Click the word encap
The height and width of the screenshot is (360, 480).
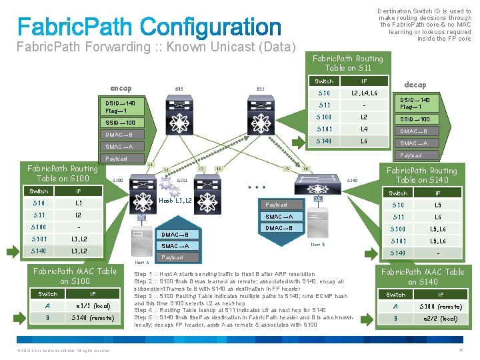[x=121, y=88]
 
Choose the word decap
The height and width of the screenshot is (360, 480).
[x=415, y=85]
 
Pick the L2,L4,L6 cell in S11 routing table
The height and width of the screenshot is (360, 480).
[x=365, y=93]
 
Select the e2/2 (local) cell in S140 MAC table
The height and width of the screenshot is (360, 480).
[x=440, y=318]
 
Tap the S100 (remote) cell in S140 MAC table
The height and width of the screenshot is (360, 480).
[x=440, y=306]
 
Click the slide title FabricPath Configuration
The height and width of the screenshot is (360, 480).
[x=149, y=27]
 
